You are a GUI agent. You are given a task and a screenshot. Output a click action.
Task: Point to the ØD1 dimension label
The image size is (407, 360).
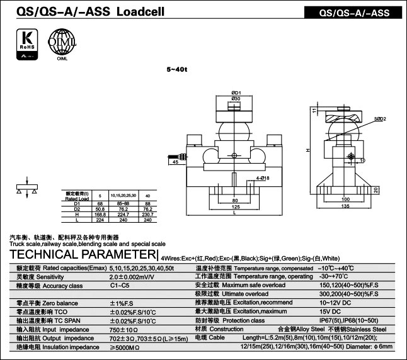(237, 93)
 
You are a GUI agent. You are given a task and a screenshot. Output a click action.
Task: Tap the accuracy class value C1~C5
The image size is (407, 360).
(120, 285)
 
